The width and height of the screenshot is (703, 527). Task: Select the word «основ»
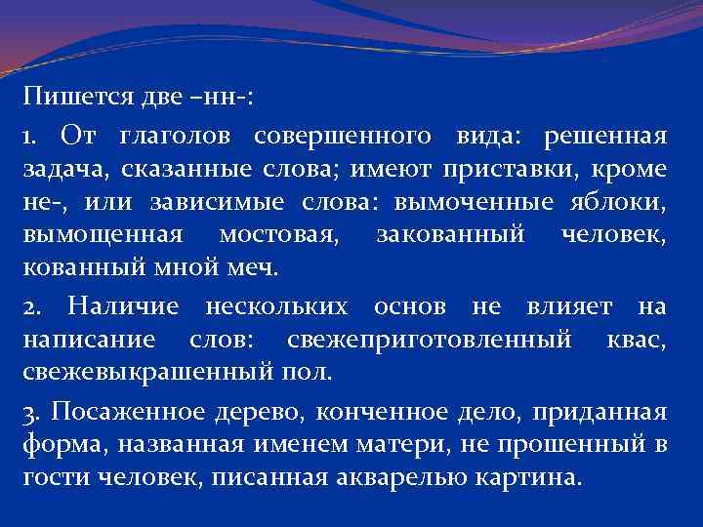406,307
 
